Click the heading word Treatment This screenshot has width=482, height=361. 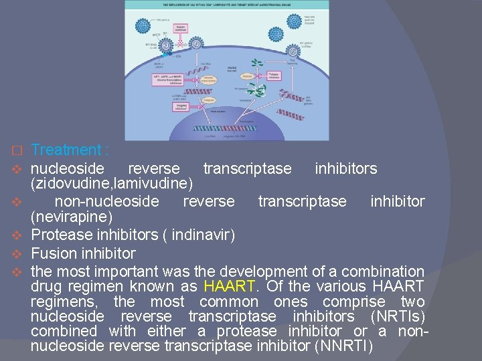click(x=65, y=150)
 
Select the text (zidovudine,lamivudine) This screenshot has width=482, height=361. click(x=112, y=183)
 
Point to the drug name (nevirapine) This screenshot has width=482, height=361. click(x=72, y=218)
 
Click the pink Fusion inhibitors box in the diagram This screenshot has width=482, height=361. click(x=181, y=29)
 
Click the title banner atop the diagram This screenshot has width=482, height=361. click(x=227, y=5)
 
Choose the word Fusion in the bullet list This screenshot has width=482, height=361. click(x=54, y=254)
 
